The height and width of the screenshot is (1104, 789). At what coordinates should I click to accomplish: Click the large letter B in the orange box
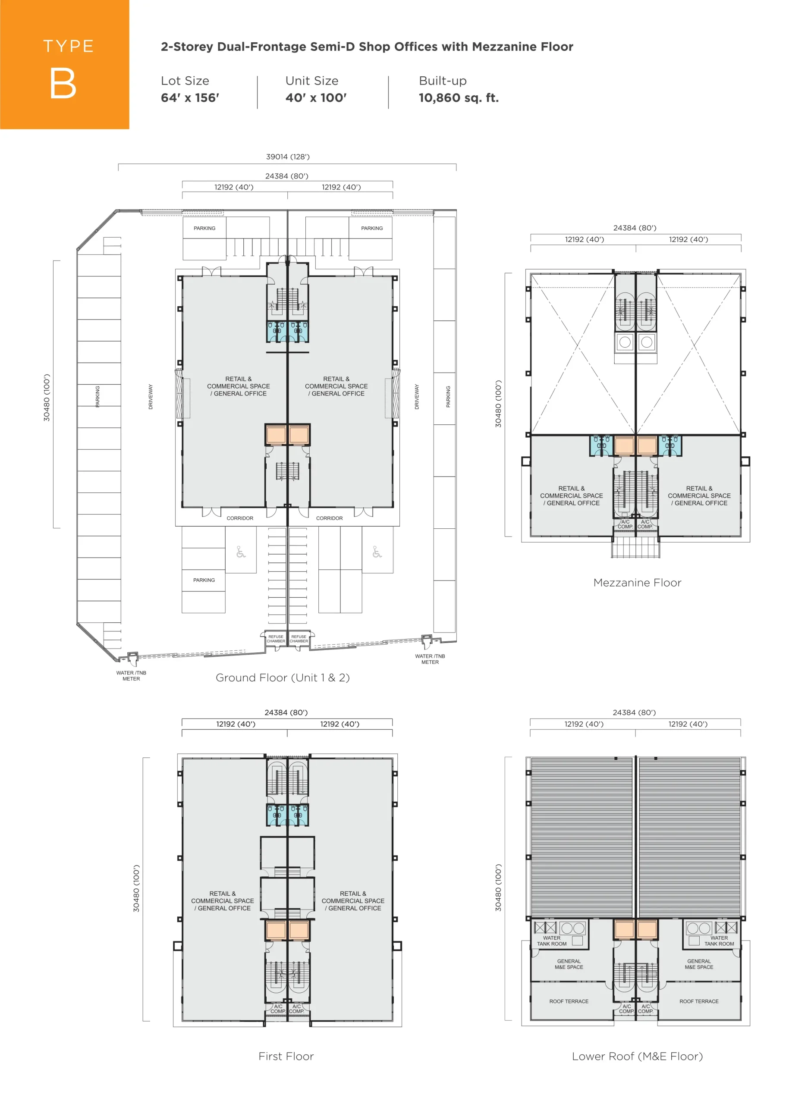[x=63, y=83]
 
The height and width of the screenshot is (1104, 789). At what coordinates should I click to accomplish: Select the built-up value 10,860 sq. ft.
[x=459, y=98]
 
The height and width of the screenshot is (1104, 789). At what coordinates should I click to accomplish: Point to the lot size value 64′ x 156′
[x=190, y=98]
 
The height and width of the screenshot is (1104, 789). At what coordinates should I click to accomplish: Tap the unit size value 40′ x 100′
[x=316, y=98]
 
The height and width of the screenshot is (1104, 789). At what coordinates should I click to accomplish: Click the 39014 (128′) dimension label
[x=288, y=157]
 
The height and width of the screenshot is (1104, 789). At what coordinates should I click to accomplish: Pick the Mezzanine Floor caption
[x=637, y=583]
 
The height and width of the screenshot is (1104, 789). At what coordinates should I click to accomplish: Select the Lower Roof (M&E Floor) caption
[x=637, y=1057]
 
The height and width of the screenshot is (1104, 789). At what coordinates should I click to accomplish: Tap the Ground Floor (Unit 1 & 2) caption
[x=283, y=677]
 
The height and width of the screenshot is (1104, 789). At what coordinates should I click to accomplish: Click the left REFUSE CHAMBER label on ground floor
[x=276, y=639]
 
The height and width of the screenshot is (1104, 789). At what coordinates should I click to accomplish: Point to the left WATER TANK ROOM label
[x=551, y=941]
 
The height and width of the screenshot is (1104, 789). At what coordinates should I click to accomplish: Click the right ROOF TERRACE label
[x=699, y=1001]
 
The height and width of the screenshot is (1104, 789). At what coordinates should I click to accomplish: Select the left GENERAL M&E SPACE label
[x=569, y=964]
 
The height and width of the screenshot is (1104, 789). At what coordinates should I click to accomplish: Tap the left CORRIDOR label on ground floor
[x=240, y=518]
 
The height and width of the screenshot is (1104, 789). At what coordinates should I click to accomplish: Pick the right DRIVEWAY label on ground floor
[x=416, y=397]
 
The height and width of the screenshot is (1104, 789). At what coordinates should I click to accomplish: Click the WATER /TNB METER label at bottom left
[x=131, y=676]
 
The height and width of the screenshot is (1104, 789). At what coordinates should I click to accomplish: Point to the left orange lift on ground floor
[x=276, y=435]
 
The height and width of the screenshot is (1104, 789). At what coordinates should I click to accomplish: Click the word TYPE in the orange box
[x=69, y=47]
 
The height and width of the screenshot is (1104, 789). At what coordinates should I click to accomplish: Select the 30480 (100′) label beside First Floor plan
[x=136, y=888]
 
